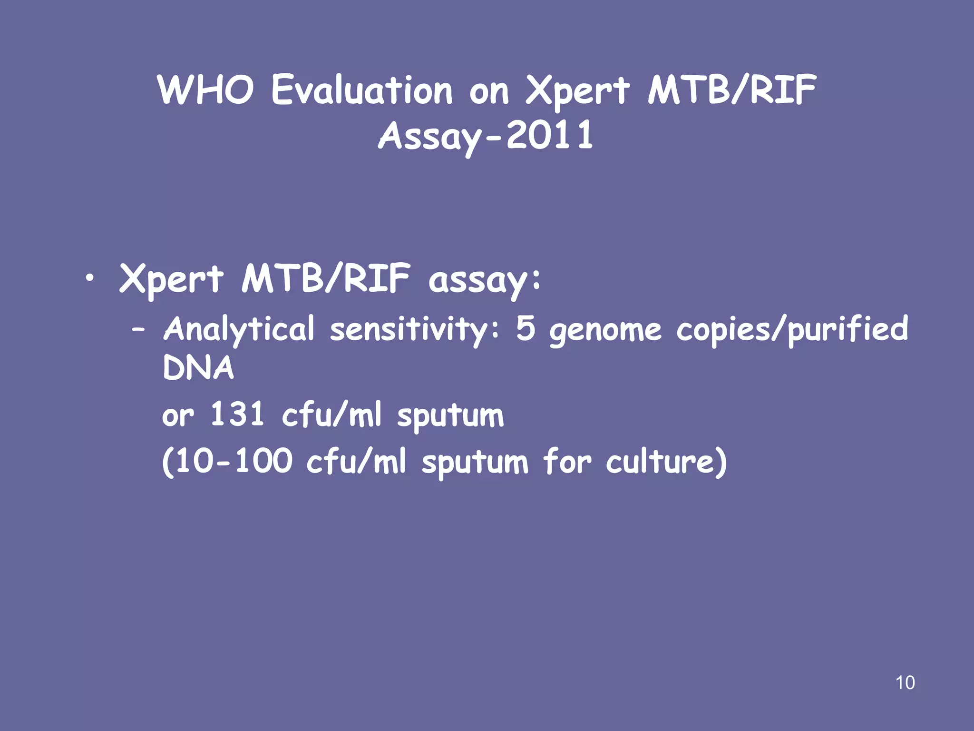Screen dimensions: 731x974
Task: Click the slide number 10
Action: (905, 682)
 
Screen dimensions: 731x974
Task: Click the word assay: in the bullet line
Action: (484, 280)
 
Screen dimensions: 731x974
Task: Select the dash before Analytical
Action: (138, 329)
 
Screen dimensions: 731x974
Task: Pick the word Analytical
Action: (239, 329)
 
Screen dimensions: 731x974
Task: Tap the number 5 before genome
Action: (526, 328)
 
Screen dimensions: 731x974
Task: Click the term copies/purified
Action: (792, 329)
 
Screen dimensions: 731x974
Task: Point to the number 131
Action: (237, 414)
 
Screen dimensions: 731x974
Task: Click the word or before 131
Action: (178, 415)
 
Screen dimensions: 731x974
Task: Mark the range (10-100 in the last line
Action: (227, 461)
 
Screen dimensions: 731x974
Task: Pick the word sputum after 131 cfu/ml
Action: (450, 415)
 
